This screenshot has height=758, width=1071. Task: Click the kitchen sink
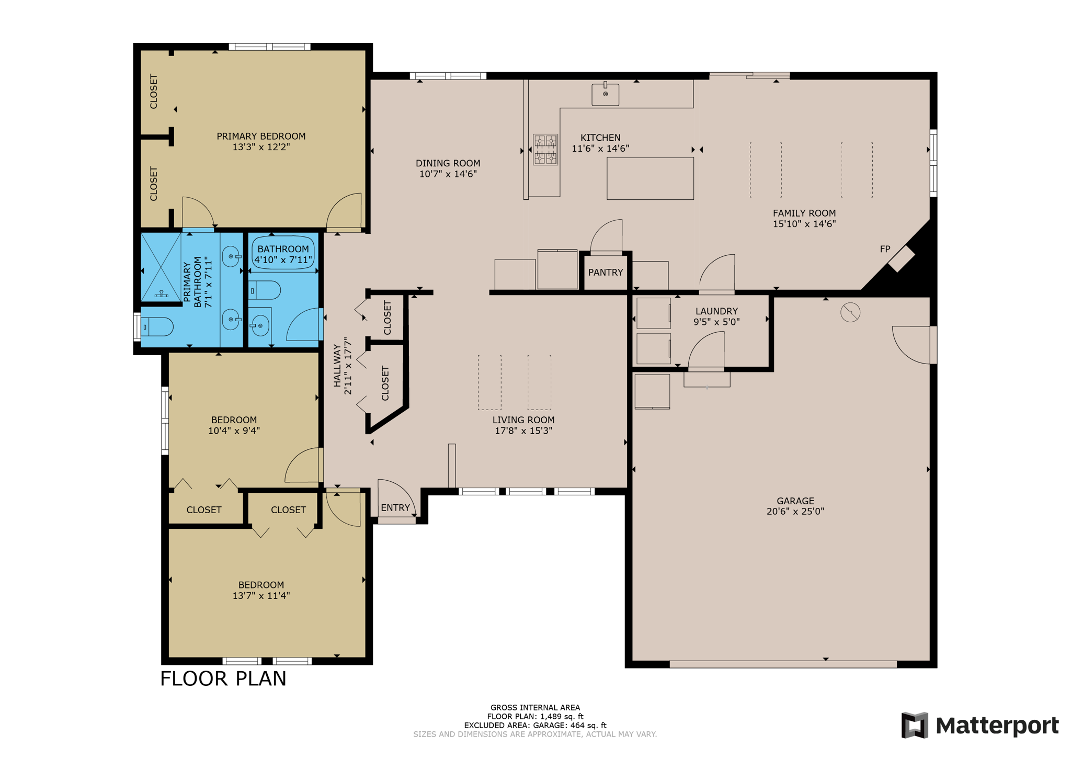(x=605, y=94)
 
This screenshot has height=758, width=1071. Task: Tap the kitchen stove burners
(x=545, y=150)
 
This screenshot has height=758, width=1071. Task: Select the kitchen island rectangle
(x=650, y=178)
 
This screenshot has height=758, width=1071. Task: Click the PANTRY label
(x=606, y=273)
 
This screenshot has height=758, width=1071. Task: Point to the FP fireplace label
(x=885, y=249)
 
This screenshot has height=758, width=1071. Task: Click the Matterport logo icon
(x=915, y=725)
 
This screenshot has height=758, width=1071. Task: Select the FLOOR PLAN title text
(x=223, y=678)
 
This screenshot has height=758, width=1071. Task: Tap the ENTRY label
(x=395, y=507)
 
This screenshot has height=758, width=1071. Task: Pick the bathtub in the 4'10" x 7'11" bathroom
(x=283, y=253)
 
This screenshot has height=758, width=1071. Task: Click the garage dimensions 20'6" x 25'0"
(x=795, y=512)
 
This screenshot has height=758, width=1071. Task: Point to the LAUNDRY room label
(x=716, y=311)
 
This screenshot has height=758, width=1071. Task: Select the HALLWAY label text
(x=337, y=366)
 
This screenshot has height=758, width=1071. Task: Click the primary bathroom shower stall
(x=161, y=267)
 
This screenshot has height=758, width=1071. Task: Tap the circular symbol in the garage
(x=850, y=312)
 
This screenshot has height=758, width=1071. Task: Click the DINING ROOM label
(x=448, y=163)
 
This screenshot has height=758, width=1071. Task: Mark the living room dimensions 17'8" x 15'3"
(x=523, y=431)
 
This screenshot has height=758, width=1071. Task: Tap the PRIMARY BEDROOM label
(x=261, y=136)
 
